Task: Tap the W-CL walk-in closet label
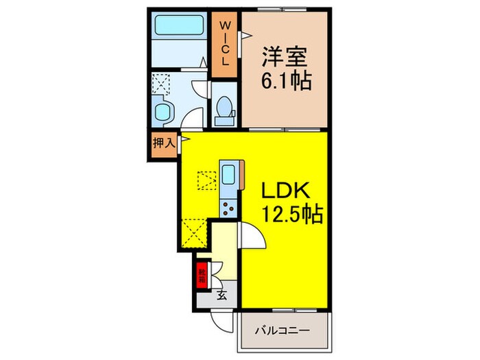[x=224, y=43]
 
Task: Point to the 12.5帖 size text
[x=291, y=216]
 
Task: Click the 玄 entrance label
[x=222, y=296]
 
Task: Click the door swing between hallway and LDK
[x=250, y=237]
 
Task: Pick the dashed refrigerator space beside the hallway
[x=195, y=232]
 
